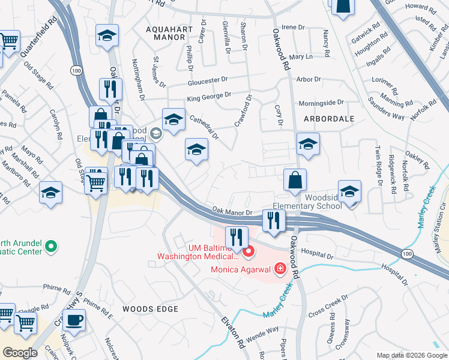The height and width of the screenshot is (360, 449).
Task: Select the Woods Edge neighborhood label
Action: click(x=150, y=308)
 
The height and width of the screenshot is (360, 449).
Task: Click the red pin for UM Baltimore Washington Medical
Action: click(x=248, y=250)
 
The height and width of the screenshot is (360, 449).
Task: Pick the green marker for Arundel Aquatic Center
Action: click(x=51, y=245)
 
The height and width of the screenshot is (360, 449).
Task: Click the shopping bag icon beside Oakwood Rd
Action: click(x=295, y=180)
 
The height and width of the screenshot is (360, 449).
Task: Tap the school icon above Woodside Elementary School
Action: click(x=349, y=191)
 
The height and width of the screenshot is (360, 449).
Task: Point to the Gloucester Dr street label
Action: click(x=208, y=80)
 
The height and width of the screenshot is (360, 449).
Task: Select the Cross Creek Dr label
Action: click(x=328, y=307)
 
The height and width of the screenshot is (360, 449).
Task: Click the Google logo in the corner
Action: click(x=20, y=352)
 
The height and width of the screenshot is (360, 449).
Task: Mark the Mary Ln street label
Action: click(x=301, y=56)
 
